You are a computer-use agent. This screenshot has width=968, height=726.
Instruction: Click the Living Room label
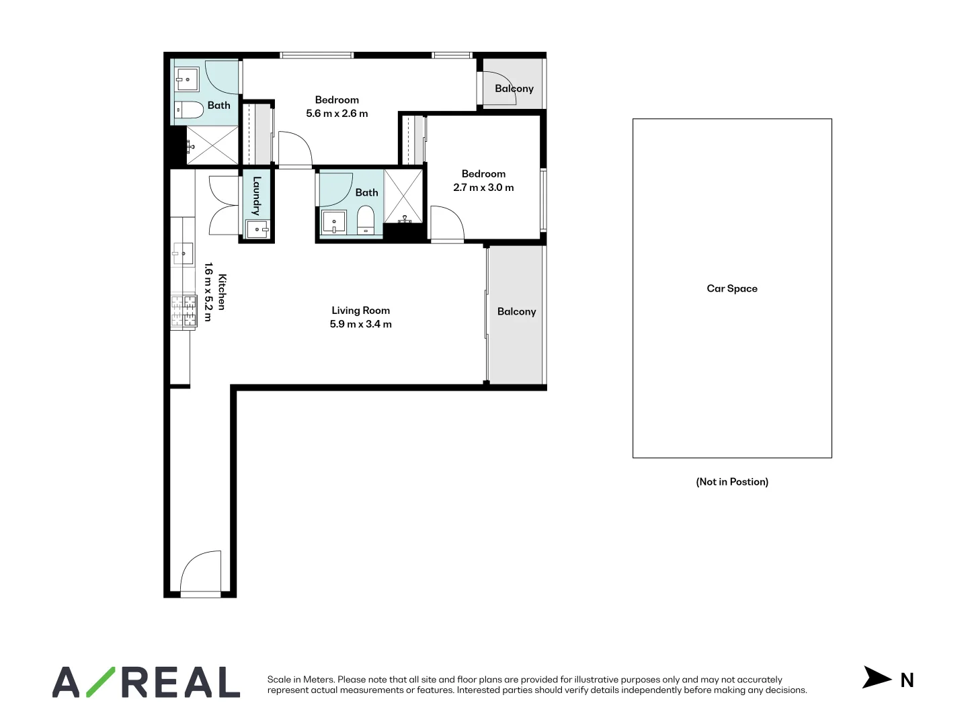[360, 311]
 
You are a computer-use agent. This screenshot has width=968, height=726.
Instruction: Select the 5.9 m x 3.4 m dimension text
[360, 324]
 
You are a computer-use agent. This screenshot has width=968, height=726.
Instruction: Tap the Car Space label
[731, 288]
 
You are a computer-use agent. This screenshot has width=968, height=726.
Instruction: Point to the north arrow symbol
[876, 678]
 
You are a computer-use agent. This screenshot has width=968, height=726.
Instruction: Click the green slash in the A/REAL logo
[100, 682]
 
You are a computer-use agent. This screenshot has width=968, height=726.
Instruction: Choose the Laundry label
[257, 196]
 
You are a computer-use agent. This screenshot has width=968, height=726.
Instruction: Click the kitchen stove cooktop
[183, 311]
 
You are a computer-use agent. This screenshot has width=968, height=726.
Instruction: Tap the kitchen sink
[182, 253]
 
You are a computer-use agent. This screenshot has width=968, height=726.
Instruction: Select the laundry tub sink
[257, 229]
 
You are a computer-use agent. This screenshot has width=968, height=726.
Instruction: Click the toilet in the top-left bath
[189, 110]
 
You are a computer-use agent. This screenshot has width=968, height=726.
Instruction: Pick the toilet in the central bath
[366, 220]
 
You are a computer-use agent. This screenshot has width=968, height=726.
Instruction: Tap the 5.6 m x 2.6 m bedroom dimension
[337, 114]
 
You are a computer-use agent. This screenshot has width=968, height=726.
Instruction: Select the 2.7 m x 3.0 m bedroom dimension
[483, 188]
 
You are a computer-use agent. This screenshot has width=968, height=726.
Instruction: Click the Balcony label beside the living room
[516, 311]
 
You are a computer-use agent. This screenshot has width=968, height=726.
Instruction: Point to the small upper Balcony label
[514, 88]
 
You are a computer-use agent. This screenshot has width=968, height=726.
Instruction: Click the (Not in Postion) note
[731, 481]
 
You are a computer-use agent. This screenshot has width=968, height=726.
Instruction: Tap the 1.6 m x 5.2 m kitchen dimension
[208, 292]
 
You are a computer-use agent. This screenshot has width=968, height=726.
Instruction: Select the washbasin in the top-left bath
[186, 79]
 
